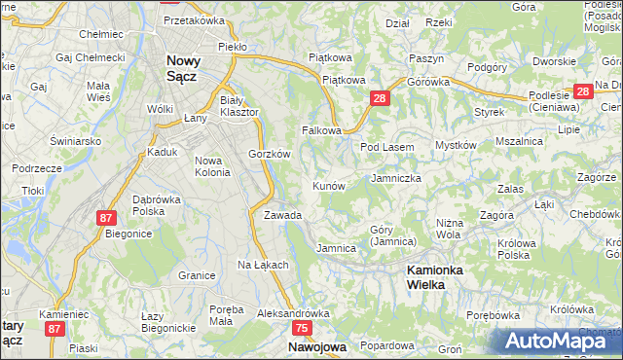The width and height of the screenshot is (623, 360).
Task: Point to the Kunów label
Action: pos(328,185)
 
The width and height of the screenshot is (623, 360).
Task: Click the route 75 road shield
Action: pos(302,330)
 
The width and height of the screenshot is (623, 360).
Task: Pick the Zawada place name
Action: pos(282,215)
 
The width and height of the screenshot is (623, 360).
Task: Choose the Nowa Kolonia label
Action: pos(212,166)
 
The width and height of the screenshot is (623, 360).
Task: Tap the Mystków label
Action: pos(455,145)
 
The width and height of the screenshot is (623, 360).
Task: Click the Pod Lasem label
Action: pos(387,147)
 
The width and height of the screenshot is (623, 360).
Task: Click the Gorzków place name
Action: pos(270,154)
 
